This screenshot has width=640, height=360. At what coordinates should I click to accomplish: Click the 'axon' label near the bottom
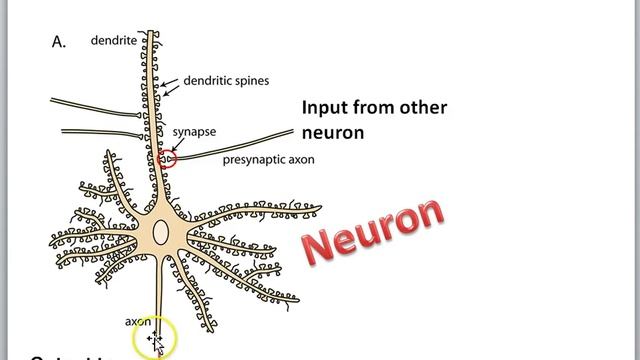[x=137, y=321]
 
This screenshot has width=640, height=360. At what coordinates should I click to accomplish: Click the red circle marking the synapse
[x=167, y=157]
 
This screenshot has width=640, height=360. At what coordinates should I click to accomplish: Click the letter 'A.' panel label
[x=58, y=42]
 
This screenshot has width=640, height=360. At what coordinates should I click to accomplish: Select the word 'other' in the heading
[x=424, y=108]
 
